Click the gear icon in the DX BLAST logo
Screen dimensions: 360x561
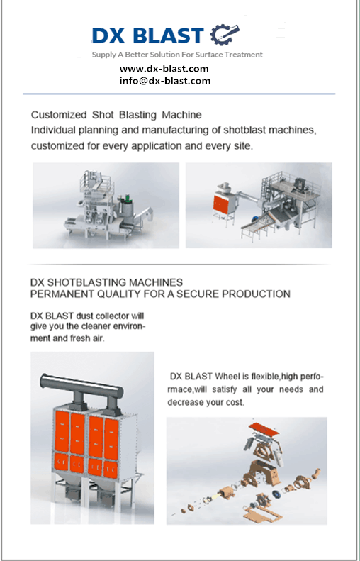tap(225, 34)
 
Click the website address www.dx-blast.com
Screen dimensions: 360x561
tap(164, 69)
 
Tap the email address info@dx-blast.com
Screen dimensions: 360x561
tap(165, 81)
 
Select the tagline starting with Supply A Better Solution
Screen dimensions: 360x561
tap(177, 55)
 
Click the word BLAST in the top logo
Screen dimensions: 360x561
tap(168, 35)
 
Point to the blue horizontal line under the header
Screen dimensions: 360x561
tap(179, 94)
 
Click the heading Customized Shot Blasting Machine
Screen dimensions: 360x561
tap(116, 115)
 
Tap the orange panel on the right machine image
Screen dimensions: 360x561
tap(221, 203)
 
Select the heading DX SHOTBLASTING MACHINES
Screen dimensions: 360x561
tap(106, 282)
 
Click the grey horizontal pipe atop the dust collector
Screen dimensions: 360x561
tap(82, 385)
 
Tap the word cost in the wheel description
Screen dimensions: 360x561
tap(235, 403)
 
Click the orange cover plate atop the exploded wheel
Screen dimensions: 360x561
tap(264, 429)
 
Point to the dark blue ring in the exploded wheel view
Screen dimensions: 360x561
tap(276, 494)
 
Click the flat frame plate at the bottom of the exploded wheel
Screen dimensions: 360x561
tap(263, 512)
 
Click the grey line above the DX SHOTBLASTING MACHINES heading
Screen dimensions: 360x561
tap(179, 265)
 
